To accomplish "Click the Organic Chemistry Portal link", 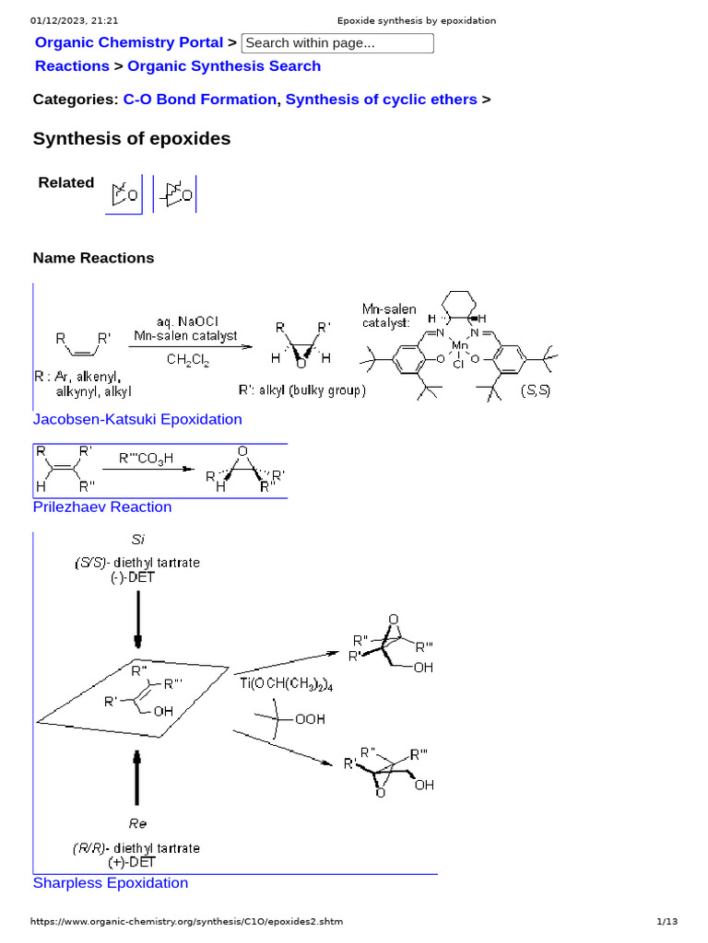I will [128, 42].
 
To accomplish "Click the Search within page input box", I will [337, 43].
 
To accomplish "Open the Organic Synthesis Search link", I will [224, 66].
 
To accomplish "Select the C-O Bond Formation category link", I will [199, 99].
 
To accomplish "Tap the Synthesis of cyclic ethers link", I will [382, 99].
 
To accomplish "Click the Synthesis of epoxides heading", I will [132, 139].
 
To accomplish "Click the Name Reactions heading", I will [93, 258].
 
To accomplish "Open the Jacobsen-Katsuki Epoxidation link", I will [137, 420].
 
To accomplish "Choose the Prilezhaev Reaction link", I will [102, 507].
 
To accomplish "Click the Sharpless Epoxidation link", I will [111, 883].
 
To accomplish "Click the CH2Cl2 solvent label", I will [188, 362].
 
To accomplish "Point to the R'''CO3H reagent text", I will [146, 458].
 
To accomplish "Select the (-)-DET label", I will [137, 577].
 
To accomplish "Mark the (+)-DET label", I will [136, 862].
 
